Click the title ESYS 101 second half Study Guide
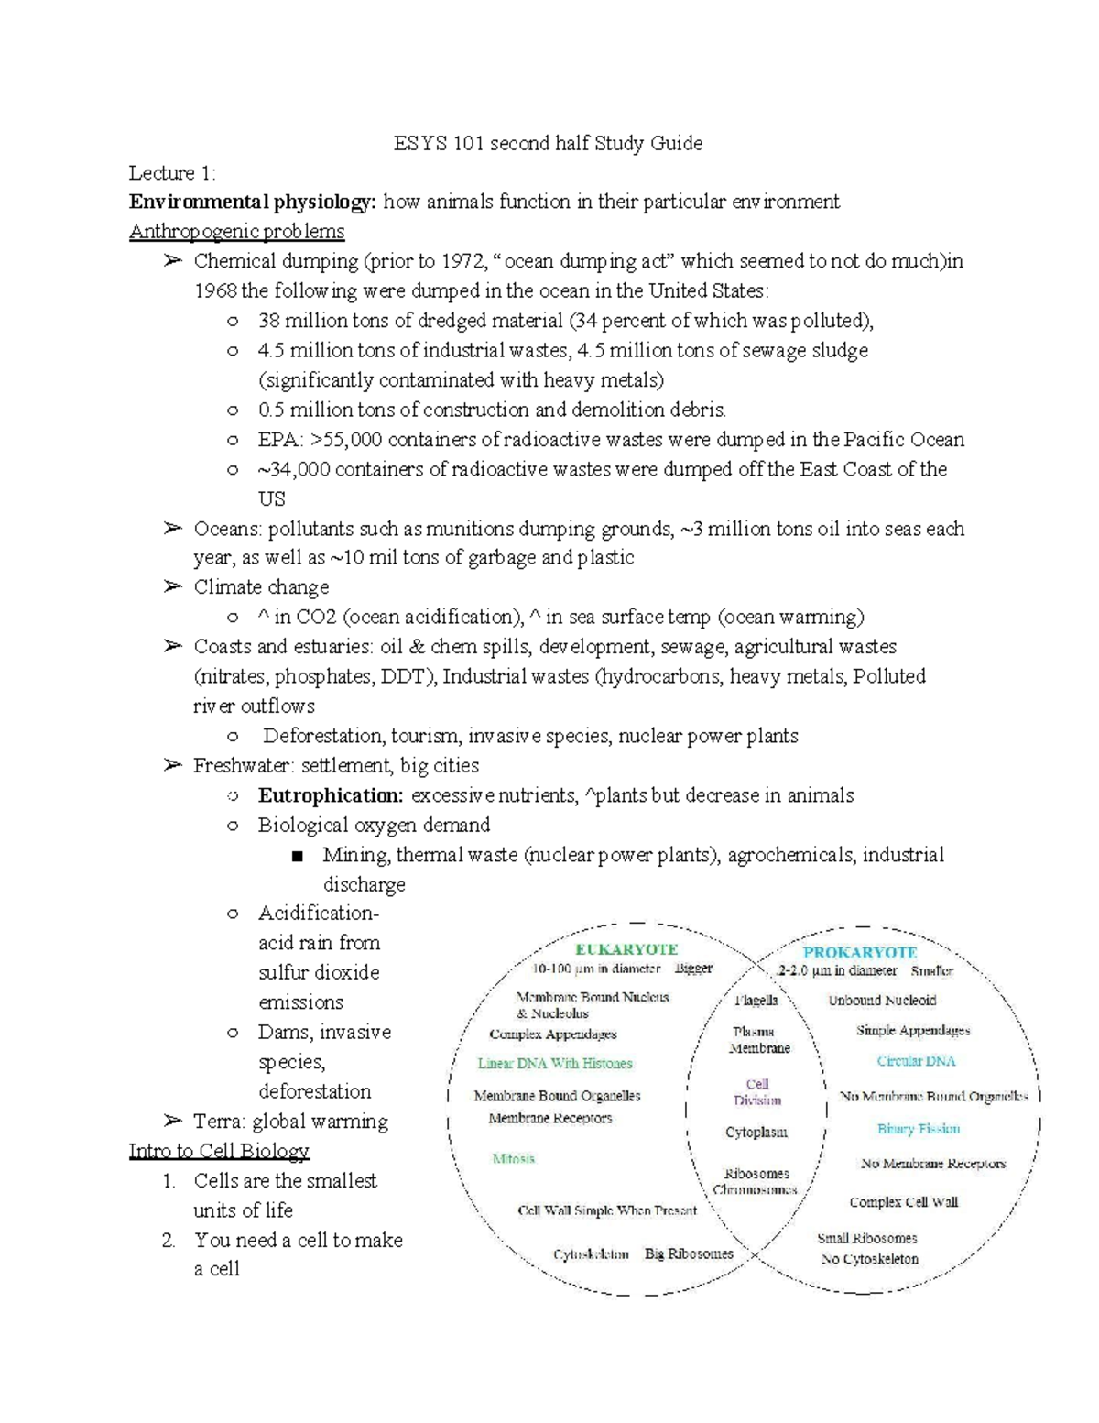(x=548, y=143)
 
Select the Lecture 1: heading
(x=172, y=173)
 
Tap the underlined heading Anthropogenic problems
(x=236, y=231)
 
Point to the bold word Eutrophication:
(x=330, y=795)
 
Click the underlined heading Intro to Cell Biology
(x=219, y=1151)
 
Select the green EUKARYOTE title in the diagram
(x=626, y=949)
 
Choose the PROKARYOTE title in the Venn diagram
(x=860, y=952)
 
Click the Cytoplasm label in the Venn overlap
(x=756, y=1133)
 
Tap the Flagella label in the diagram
(x=756, y=1000)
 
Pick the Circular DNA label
(x=916, y=1061)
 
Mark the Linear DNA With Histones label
(x=555, y=1064)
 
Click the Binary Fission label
(x=919, y=1129)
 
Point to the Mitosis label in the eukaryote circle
(x=513, y=1159)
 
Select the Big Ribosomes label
(x=689, y=1253)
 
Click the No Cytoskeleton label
(x=869, y=1259)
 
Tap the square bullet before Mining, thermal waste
(x=297, y=856)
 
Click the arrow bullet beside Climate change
(x=172, y=586)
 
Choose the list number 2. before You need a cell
(x=169, y=1241)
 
